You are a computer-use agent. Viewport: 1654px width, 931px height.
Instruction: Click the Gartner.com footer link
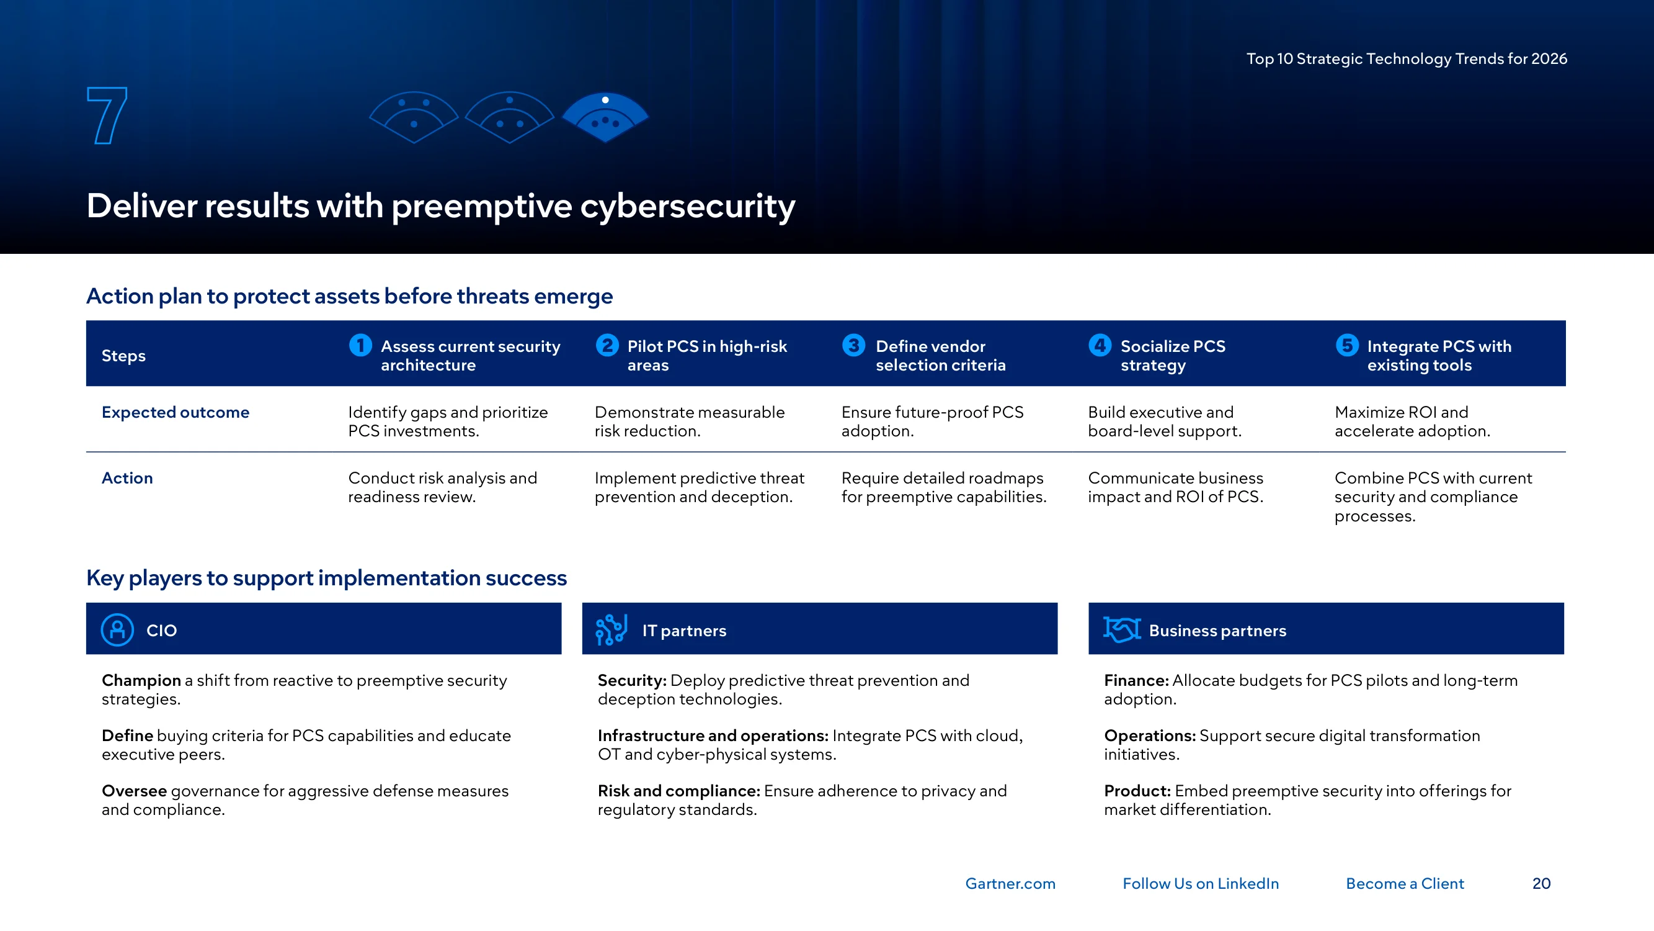(x=1010, y=883)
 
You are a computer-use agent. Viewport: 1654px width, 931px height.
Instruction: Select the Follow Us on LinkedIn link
(x=1201, y=883)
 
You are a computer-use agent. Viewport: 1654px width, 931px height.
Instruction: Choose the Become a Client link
(x=1405, y=883)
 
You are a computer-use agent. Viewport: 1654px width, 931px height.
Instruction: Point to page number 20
(x=1541, y=883)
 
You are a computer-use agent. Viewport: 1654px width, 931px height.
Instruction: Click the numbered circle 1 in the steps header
(x=360, y=345)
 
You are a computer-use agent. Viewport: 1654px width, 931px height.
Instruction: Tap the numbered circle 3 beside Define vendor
(x=853, y=345)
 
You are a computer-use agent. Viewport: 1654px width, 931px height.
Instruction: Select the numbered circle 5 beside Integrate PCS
(x=1346, y=345)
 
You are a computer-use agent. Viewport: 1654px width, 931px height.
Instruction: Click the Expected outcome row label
(x=176, y=413)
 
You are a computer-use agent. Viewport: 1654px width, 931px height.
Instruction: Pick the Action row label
(x=127, y=478)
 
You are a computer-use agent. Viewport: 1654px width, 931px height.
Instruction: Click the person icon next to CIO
(x=117, y=629)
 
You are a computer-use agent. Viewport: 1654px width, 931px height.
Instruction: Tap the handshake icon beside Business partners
(x=1122, y=629)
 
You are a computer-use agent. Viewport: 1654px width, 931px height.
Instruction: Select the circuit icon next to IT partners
(x=611, y=629)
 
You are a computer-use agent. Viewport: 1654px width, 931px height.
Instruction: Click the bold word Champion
(x=141, y=680)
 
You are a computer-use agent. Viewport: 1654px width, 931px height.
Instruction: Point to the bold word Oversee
(x=134, y=791)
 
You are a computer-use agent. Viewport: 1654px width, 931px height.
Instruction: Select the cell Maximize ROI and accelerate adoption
(x=1412, y=421)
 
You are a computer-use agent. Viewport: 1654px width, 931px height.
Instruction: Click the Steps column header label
(x=123, y=356)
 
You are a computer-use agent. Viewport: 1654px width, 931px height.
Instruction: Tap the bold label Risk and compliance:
(x=678, y=791)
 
